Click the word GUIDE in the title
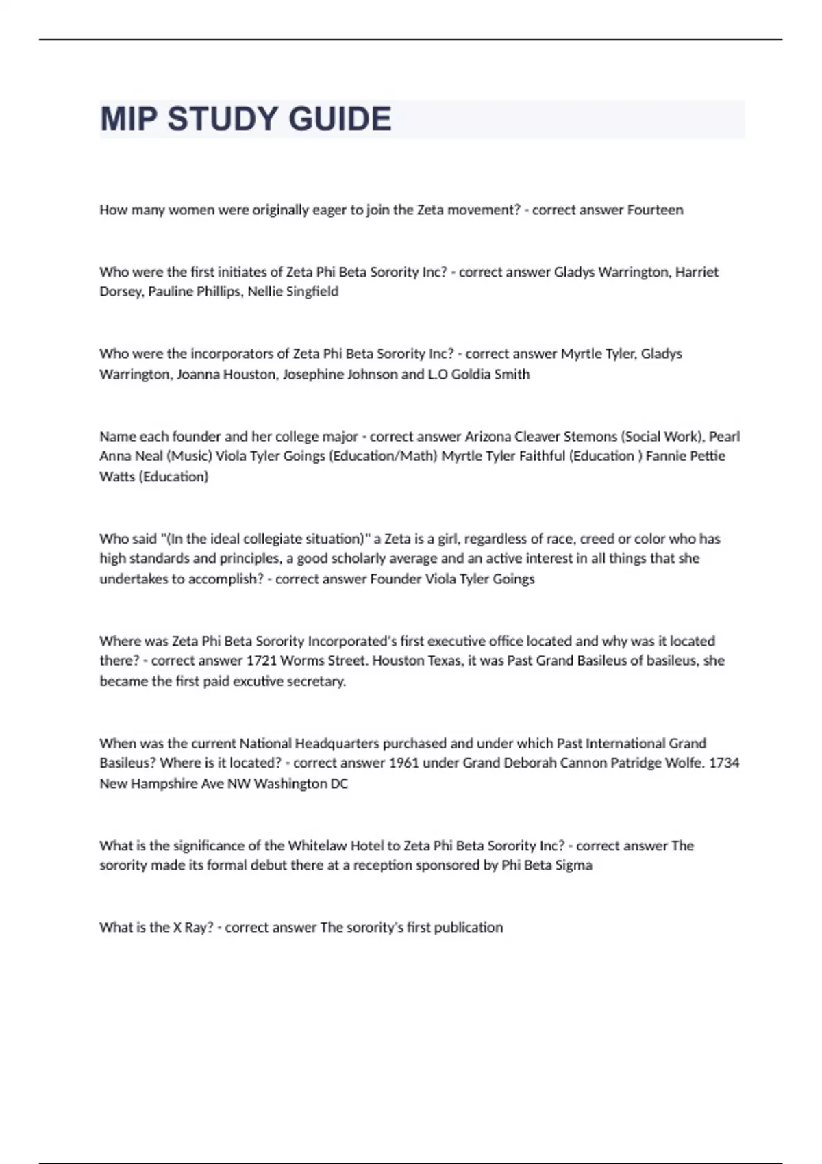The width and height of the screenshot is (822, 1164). (x=340, y=119)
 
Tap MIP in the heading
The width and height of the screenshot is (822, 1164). (x=129, y=119)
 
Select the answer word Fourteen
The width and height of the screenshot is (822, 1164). (x=655, y=210)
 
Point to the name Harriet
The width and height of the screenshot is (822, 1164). (x=697, y=272)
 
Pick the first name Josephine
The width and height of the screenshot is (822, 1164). (x=312, y=375)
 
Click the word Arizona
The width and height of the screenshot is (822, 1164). (x=488, y=436)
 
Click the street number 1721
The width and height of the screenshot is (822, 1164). (x=262, y=661)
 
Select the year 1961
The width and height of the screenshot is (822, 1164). (x=403, y=763)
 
